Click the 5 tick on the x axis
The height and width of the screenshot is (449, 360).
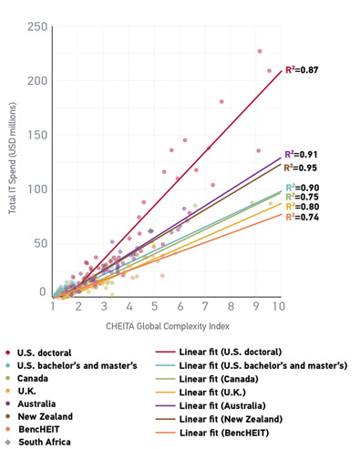[x=155, y=309]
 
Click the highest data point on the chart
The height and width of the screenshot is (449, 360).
[x=260, y=52]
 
